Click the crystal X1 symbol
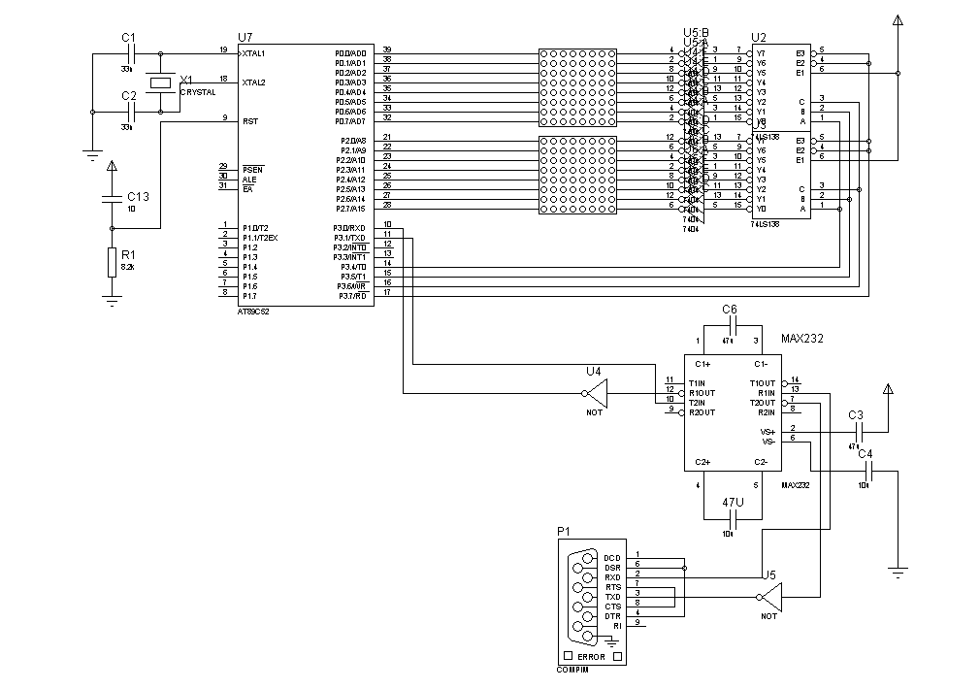click(x=161, y=83)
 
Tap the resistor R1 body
click(x=112, y=260)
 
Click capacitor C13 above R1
click(x=112, y=200)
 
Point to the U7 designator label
click(x=245, y=36)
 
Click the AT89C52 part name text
click(x=254, y=312)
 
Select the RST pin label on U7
click(x=250, y=121)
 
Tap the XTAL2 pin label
click(x=254, y=82)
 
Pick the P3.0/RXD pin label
click(x=350, y=228)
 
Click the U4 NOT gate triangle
click(x=594, y=393)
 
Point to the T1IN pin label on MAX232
click(x=697, y=382)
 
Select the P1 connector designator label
click(x=564, y=531)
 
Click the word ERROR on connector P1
click(x=591, y=657)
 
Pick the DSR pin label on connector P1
click(x=611, y=567)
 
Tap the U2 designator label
click(x=759, y=37)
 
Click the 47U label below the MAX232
click(x=733, y=502)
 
